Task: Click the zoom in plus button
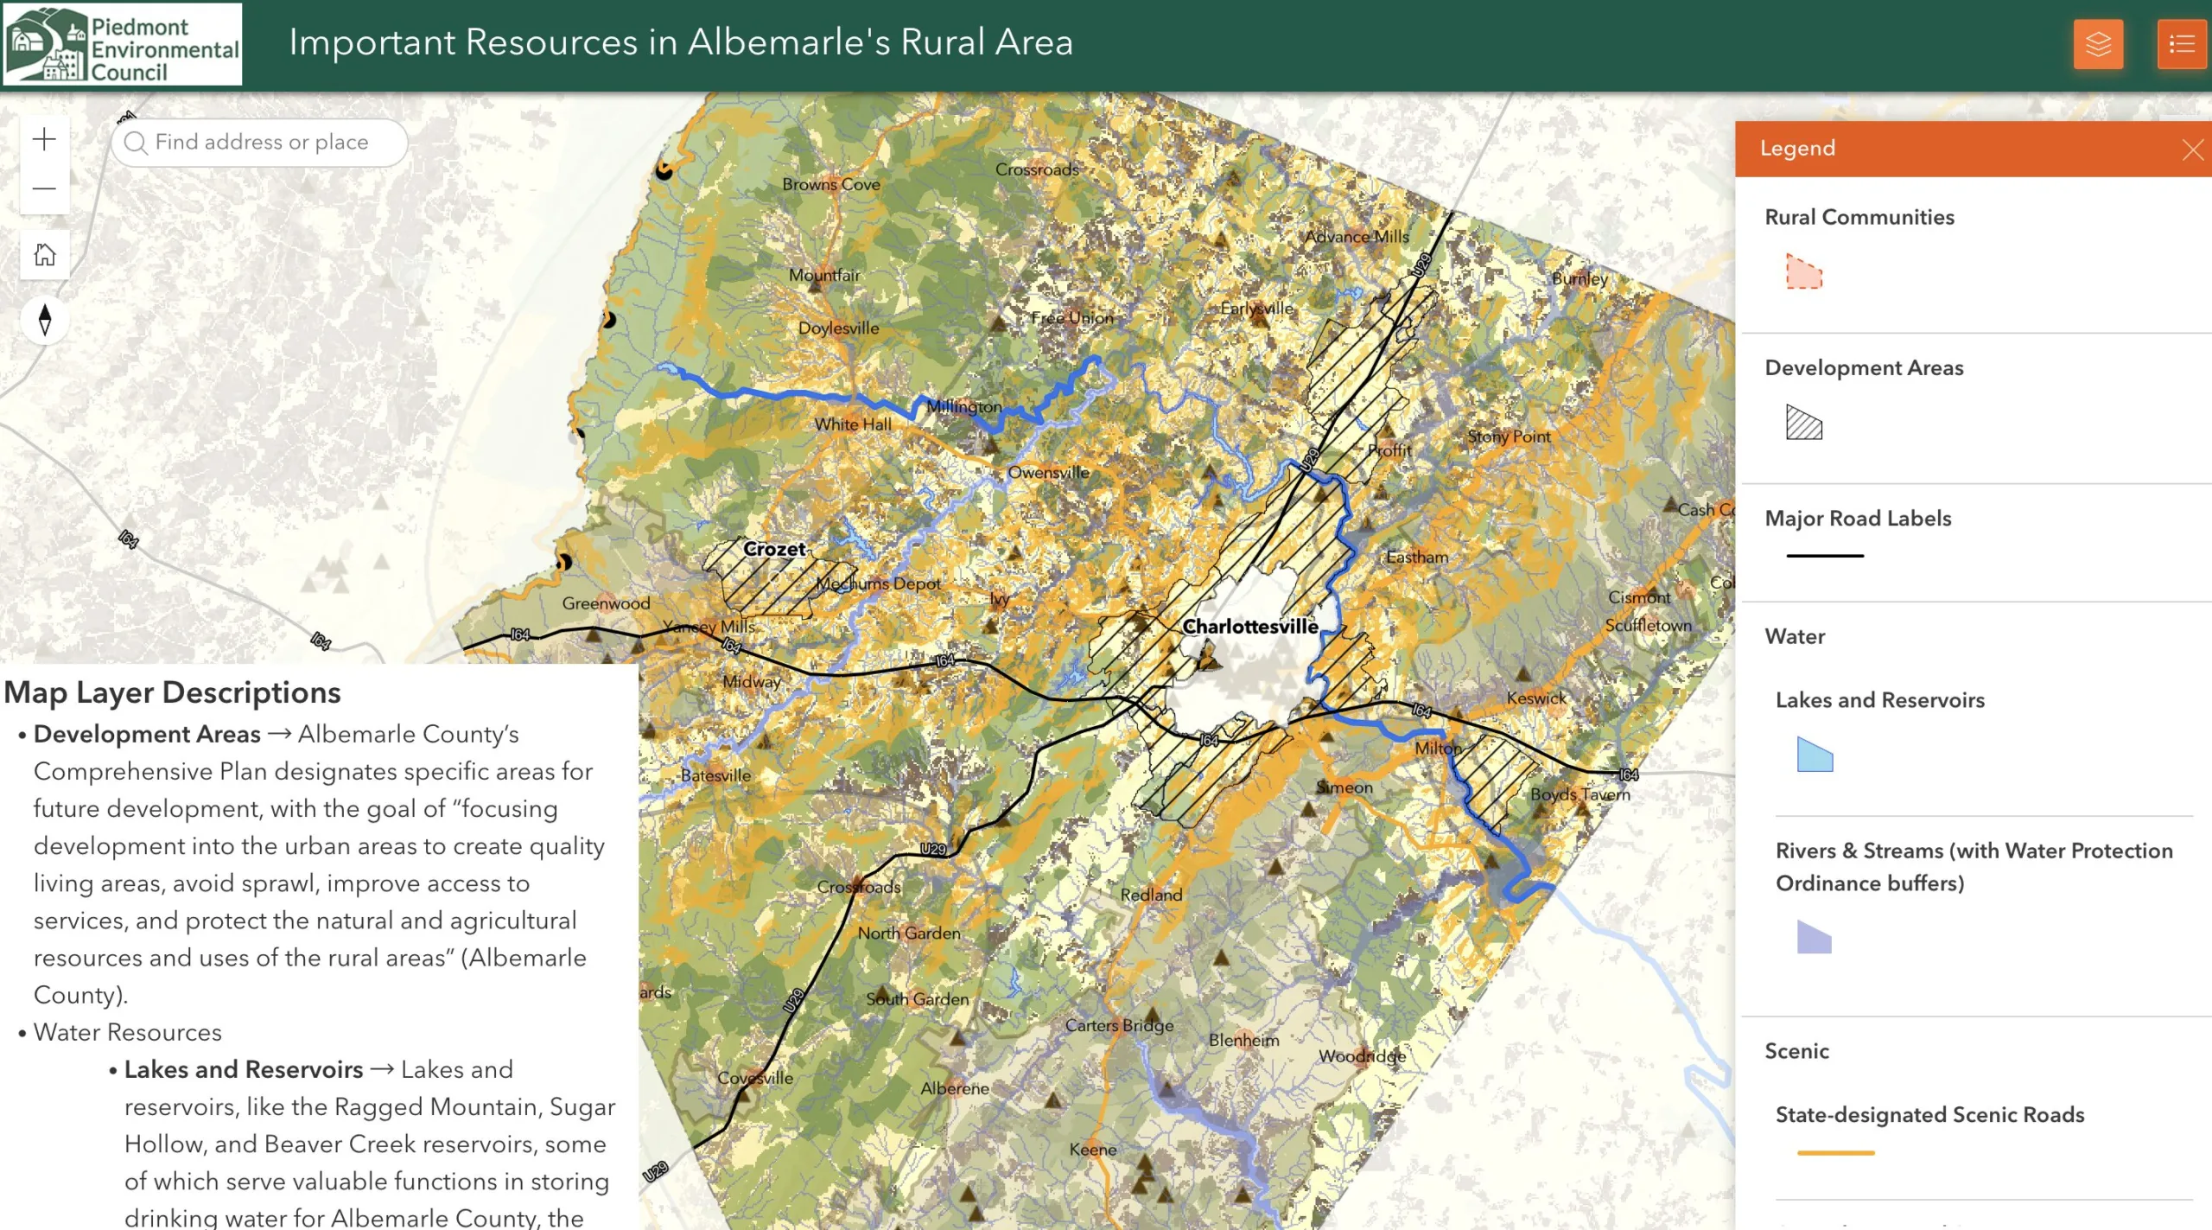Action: (x=44, y=139)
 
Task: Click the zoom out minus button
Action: (x=44, y=188)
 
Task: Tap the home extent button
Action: (x=44, y=255)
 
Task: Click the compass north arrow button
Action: (x=45, y=320)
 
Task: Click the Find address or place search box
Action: (x=259, y=143)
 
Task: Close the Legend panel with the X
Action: (x=2191, y=150)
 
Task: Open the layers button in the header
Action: (x=2098, y=44)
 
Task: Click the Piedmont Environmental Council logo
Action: (x=122, y=44)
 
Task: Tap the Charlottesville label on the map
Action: (x=1249, y=627)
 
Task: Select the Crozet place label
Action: (x=774, y=549)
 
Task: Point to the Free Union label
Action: (x=1072, y=317)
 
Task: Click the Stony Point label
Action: (x=1509, y=437)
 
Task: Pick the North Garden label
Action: (x=908, y=933)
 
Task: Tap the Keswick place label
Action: (x=1536, y=698)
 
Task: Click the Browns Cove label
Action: (x=830, y=184)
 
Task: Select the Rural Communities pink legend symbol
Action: (x=1803, y=272)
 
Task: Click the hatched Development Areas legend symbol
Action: (x=1803, y=423)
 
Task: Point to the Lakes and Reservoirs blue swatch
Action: (x=1814, y=755)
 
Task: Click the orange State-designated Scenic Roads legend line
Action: (x=1835, y=1152)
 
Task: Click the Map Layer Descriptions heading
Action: (x=173, y=692)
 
